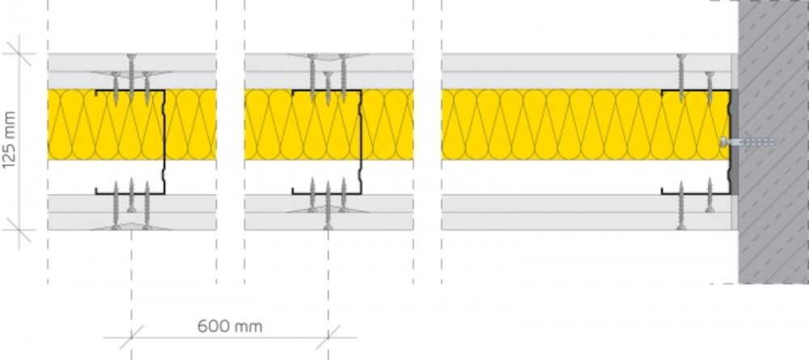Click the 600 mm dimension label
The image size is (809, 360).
coord(230,326)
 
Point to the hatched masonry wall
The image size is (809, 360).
coord(773,142)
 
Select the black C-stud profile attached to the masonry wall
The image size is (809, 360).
coord(696,142)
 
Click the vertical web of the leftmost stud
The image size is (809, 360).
coord(164,142)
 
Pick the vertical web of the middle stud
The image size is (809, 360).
coord(361,142)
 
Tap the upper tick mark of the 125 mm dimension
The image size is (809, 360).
coord(19,53)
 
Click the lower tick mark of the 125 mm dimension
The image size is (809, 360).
coord(19,230)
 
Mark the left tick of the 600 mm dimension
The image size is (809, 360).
coord(132,338)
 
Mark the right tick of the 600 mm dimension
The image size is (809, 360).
coord(328,338)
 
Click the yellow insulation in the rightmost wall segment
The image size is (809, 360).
coord(585,125)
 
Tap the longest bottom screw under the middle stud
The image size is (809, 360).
coord(328,205)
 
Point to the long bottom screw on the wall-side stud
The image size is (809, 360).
coord(681,205)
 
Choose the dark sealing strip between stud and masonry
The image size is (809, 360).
coord(735,142)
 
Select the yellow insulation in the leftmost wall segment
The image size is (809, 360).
coord(132,125)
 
